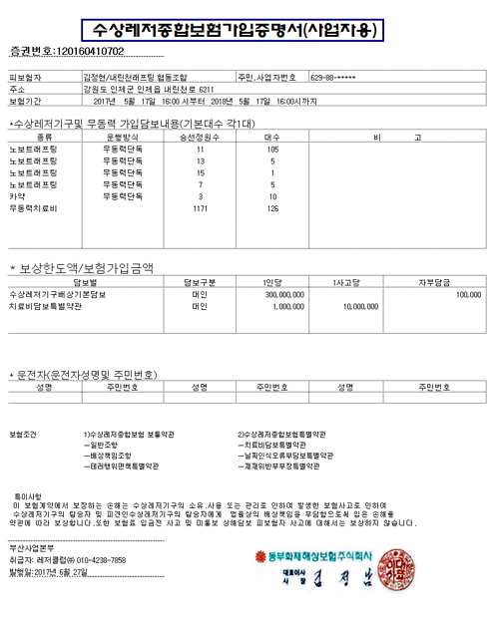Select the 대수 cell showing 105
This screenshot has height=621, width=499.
270,148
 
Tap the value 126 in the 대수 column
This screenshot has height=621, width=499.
270,208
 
